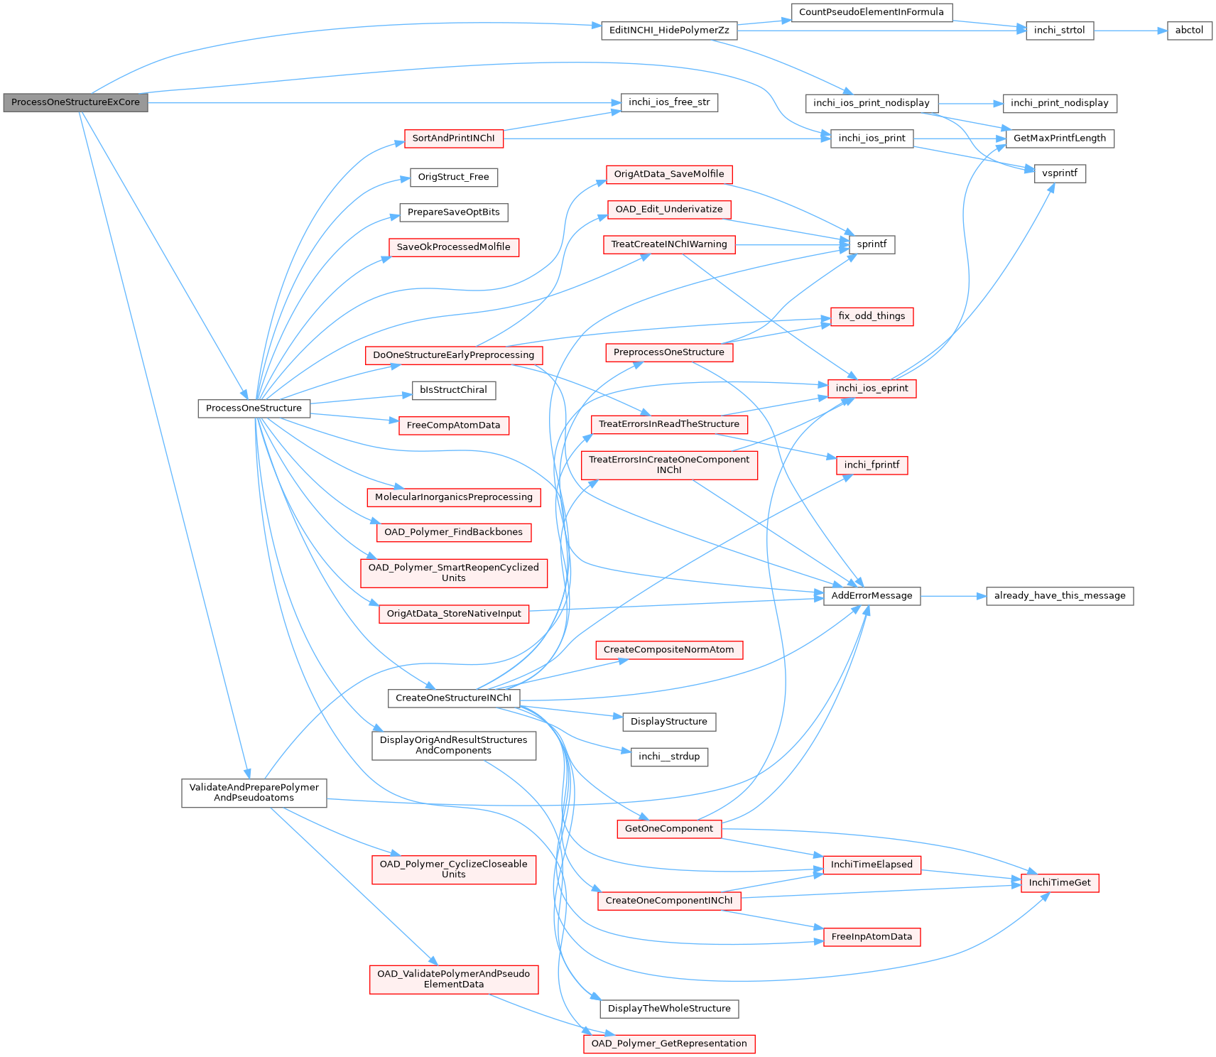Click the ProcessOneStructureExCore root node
point(75,102)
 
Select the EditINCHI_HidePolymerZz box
point(669,31)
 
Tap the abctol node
point(1189,31)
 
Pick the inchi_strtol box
point(1059,31)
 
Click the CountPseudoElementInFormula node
point(872,12)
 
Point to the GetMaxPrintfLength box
point(1059,139)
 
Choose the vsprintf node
point(1059,173)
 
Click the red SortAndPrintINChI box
point(453,139)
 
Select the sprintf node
point(872,244)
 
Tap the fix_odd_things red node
point(872,316)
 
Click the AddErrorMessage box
point(872,596)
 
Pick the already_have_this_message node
point(1059,596)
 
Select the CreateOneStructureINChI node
point(453,698)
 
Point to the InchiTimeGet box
point(1059,883)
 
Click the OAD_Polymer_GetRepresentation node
point(669,1044)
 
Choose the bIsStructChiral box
point(453,390)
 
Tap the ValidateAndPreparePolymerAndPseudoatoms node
point(254,793)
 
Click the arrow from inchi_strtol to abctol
point(1130,31)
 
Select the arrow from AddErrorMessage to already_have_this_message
point(953,596)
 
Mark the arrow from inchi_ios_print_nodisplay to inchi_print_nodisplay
point(971,103)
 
